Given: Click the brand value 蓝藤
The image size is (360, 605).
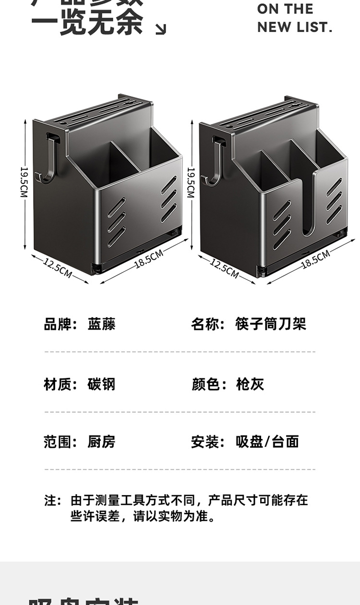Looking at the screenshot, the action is [x=101, y=324].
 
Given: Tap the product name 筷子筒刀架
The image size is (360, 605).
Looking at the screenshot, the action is [x=270, y=324].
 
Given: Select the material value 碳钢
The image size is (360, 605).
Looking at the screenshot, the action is [x=101, y=384].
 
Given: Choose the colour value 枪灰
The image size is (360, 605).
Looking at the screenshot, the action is [x=250, y=384].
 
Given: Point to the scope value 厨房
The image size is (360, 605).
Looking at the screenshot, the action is [x=101, y=442].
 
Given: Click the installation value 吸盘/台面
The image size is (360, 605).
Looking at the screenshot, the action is [x=267, y=442].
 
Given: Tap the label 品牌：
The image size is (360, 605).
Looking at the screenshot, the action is [x=60, y=324].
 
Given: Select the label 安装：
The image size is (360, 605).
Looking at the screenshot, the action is [x=208, y=442].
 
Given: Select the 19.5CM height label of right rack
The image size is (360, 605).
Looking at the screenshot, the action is [x=191, y=182].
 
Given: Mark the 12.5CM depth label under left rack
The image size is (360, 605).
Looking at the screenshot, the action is [x=58, y=267].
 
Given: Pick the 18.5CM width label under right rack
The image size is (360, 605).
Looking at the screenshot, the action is [x=315, y=259].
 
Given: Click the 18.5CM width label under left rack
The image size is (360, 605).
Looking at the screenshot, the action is [x=149, y=259].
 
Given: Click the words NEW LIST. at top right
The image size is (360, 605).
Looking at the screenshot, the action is [x=294, y=27].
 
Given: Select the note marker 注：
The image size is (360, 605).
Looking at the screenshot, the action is [x=53, y=500].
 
